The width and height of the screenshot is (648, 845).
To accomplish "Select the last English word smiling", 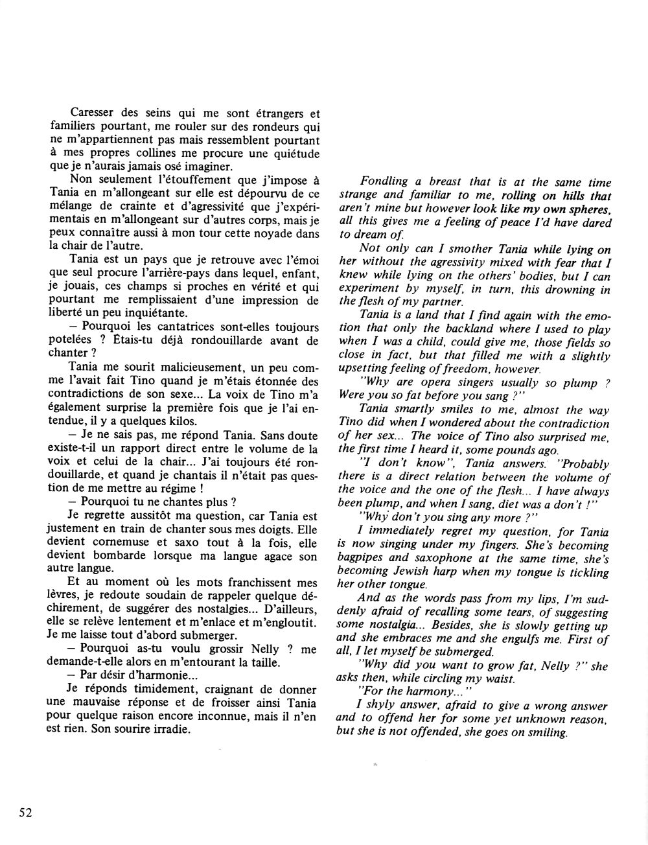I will [x=547, y=733].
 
